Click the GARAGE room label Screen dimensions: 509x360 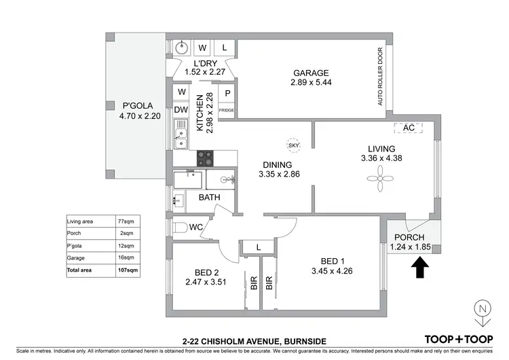click(311, 73)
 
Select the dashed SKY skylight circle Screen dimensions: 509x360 click(293, 145)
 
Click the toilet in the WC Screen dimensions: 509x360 click(181, 227)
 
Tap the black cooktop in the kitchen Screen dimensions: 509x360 click(205, 158)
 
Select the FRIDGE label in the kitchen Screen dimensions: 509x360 click(226, 109)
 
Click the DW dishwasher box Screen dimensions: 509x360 click(181, 110)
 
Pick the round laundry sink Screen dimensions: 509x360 click(181, 48)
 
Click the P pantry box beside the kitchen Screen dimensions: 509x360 click(227, 93)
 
